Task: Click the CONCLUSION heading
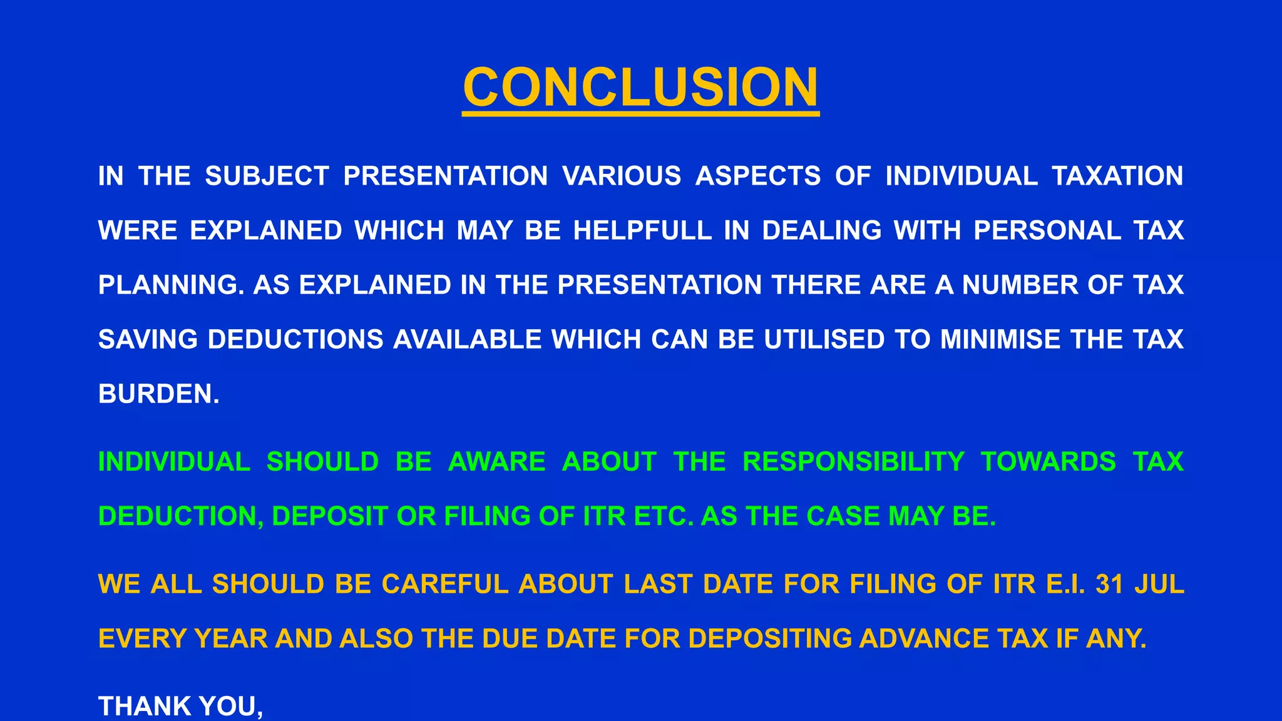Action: tap(640, 88)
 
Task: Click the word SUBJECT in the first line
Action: tap(267, 176)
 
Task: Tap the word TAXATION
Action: tap(1117, 176)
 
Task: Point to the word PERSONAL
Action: tap(1047, 231)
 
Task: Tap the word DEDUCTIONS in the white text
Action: tap(295, 340)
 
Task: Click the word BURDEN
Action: tap(158, 394)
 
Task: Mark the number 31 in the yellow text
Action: tap(1109, 585)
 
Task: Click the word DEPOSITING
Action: tap(770, 639)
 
